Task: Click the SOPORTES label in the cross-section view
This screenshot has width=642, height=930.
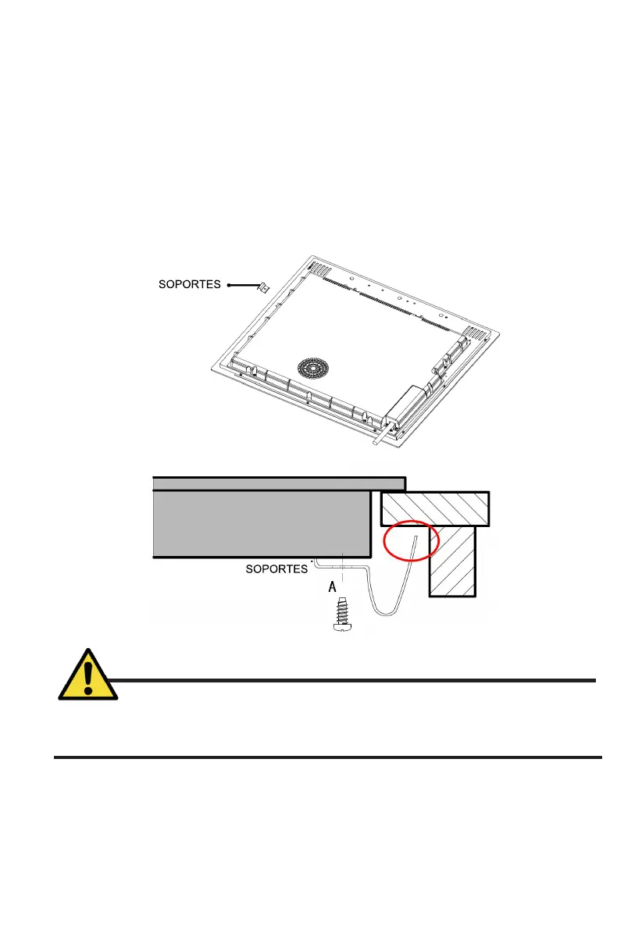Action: coord(276,569)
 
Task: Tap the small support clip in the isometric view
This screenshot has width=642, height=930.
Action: coord(264,288)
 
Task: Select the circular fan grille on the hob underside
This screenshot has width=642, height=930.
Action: coord(314,369)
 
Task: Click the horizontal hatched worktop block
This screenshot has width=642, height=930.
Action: coord(435,508)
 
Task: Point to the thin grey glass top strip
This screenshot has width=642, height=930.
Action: coord(277,483)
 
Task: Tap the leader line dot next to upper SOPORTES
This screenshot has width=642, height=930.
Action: coord(230,286)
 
